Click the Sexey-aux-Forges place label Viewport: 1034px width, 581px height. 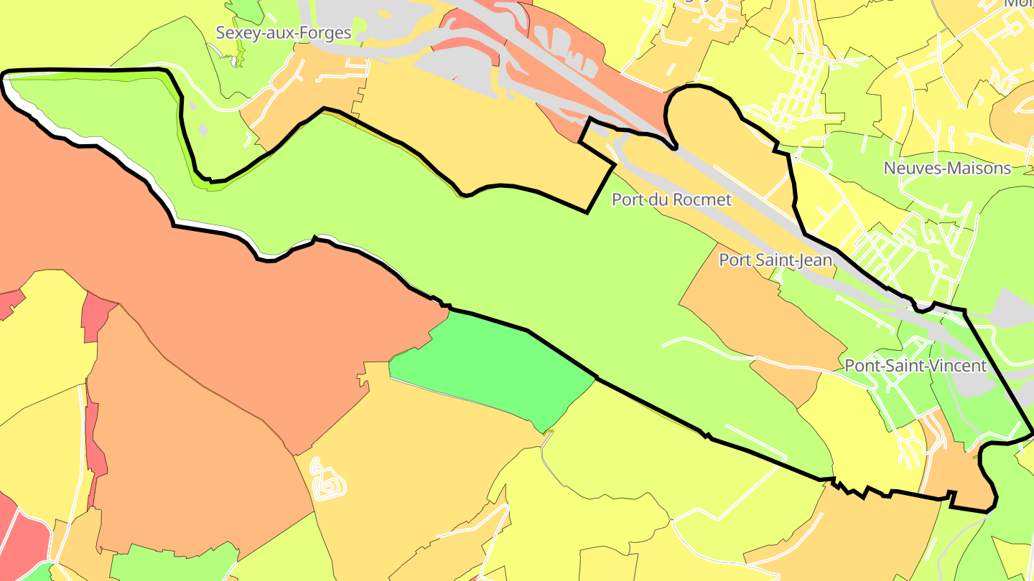[x=284, y=33]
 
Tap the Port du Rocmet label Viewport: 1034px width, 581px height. [x=671, y=199]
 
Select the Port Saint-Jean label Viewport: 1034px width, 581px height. [x=775, y=260]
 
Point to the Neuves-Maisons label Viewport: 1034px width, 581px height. [x=947, y=169]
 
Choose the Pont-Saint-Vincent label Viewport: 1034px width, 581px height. [x=916, y=366]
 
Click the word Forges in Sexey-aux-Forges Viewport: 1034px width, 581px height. [x=327, y=33]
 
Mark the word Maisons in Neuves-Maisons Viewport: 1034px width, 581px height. [x=979, y=169]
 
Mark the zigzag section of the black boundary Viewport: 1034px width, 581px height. [x=858, y=490]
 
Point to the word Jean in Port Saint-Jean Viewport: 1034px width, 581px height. [x=816, y=260]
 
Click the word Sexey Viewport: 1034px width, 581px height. [x=238, y=33]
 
